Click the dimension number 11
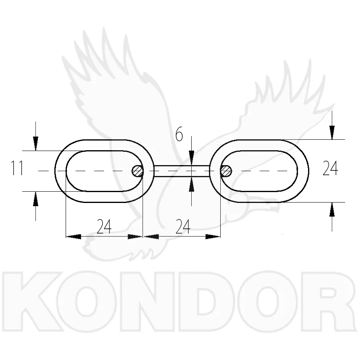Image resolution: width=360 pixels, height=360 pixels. coord(17,168)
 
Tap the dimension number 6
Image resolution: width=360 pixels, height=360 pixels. coord(179,134)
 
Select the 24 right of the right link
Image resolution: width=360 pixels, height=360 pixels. coord(330,168)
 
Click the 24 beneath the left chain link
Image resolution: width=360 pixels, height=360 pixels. coord(104,226)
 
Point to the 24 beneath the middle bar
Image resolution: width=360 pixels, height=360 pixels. coord(183,226)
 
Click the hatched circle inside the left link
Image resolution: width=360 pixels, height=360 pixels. coord(138,171)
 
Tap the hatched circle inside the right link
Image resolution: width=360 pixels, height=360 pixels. coord(226,171)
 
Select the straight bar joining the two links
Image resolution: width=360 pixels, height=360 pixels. coord(182,171)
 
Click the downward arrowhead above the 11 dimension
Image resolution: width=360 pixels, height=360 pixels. coord(35,143)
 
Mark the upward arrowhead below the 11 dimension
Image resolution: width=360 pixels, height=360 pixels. coord(35,199)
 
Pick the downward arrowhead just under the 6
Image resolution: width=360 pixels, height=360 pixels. coord(192,158)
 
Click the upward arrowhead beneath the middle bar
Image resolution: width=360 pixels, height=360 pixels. coord(192,184)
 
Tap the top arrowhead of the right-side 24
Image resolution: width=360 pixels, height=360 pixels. coord(332,132)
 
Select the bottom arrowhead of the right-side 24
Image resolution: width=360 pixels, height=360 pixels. coord(332,209)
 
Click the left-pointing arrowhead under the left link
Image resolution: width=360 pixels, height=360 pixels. coord(73,236)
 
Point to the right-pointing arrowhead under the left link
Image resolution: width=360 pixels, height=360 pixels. coord(135,236)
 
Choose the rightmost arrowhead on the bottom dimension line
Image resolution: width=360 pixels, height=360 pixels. coord(213,236)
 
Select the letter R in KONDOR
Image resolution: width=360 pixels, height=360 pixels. coord(329,301)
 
